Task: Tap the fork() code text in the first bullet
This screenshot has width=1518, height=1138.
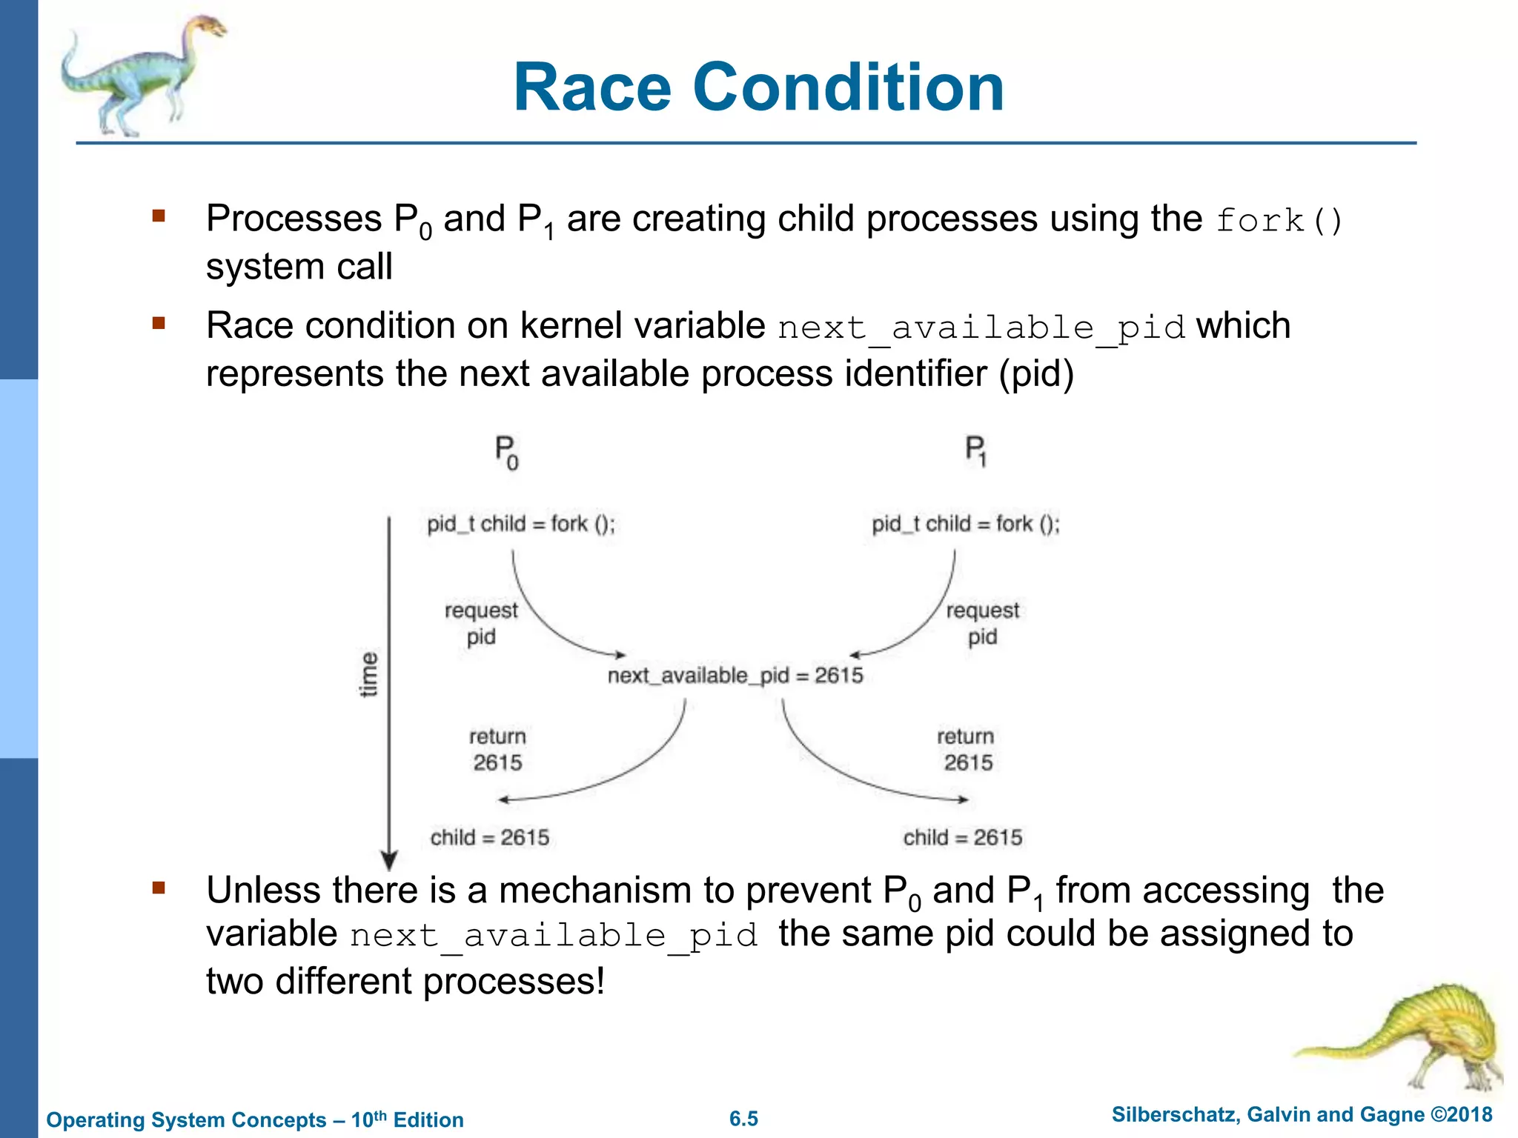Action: click(x=1279, y=222)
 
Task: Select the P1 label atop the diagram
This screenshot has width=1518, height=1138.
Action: click(x=975, y=451)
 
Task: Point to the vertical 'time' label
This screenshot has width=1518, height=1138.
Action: click(x=368, y=674)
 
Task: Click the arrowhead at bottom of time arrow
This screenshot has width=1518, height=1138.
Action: click(x=389, y=860)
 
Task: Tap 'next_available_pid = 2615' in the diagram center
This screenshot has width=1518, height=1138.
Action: click(x=735, y=676)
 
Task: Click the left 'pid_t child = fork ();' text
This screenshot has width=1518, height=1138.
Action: click(x=520, y=524)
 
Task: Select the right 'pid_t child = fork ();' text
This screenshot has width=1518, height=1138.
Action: click(x=965, y=524)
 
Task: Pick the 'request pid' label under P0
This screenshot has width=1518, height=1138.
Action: click(x=481, y=623)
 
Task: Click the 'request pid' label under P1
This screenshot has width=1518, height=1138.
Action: click(x=982, y=623)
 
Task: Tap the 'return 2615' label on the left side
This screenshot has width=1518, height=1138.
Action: click(x=497, y=749)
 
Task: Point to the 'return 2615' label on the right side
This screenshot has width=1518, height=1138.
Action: click(x=967, y=749)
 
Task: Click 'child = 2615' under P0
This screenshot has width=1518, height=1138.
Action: click(x=490, y=838)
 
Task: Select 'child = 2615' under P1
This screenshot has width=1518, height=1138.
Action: click(x=962, y=838)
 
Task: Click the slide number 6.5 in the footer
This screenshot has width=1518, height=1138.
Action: click(x=743, y=1119)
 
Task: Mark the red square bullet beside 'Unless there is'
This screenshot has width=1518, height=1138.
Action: click(x=158, y=888)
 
